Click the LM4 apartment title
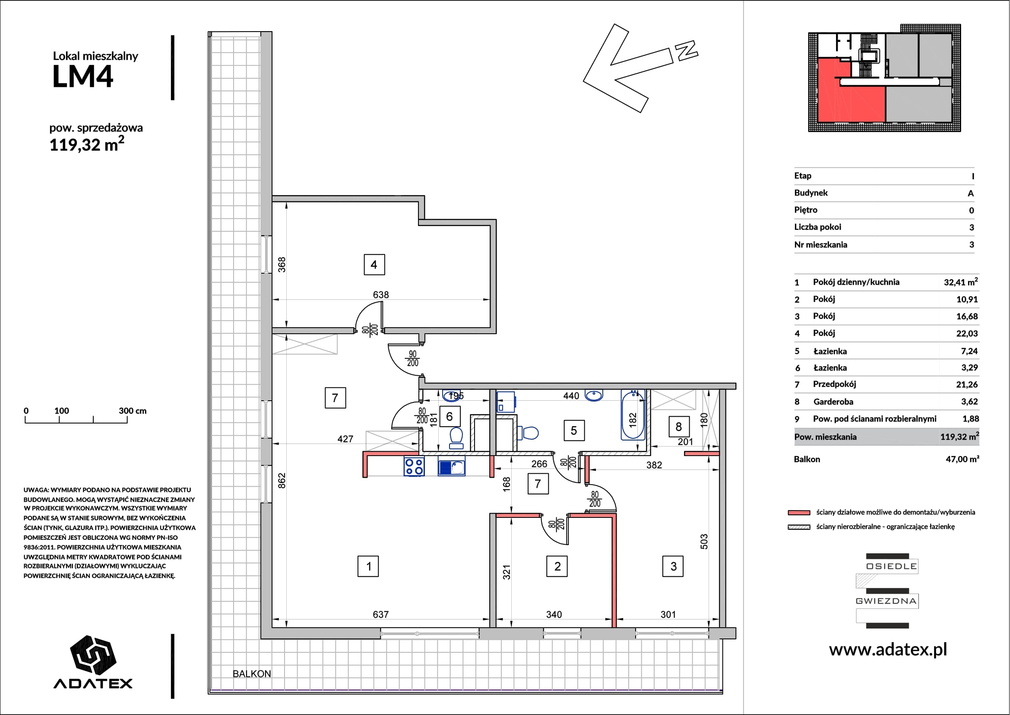pyautogui.click(x=83, y=77)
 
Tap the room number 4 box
pyautogui.click(x=374, y=265)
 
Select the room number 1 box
pyautogui.click(x=368, y=567)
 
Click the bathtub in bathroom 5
pyautogui.click(x=633, y=415)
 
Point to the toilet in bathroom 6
pyautogui.click(x=456, y=438)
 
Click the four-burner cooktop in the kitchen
pyautogui.click(x=414, y=467)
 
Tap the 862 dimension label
pyautogui.click(x=282, y=480)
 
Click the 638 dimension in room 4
pyautogui.click(x=381, y=294)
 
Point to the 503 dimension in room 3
pyautogui.click(x=704, y=542)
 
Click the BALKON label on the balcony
pyautogui.click(x=252, y=674)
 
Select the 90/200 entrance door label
pyautogui.click(x=413, y=359)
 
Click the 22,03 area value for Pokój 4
pyautogui.click(x=967, y=333)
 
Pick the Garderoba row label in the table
pyautogui.click(x=833, y=402)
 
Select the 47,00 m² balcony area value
pyautogui.click(x=963, y=459)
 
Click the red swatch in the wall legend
pyautogui.click(x=799, y=513)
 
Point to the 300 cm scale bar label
pyautogui.click(x=133, y=411)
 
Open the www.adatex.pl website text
pyautogui.click(x=888, y=649)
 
